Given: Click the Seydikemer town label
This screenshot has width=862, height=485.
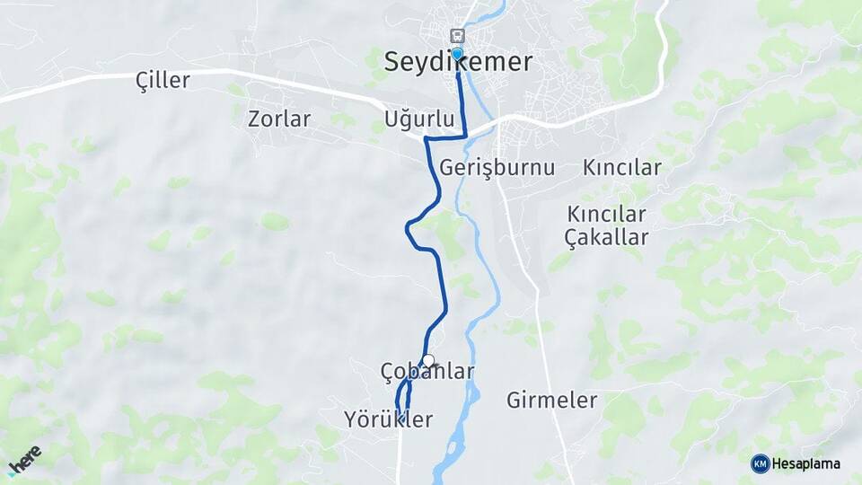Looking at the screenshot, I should [458, 62].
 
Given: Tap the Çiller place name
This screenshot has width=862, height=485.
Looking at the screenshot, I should [163, 81].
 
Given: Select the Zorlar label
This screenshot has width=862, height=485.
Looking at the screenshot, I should [279, 119].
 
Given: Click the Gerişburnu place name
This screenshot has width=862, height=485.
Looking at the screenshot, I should [497, 168].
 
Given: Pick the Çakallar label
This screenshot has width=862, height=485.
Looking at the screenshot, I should [606, 237].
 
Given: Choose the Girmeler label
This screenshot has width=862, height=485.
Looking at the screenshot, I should [551, 401].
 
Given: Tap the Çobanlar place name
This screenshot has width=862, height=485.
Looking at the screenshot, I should [427, 372].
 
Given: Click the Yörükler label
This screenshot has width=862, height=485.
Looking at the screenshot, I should [388, 419].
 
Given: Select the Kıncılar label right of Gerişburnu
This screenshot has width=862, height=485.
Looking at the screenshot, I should [621, 168].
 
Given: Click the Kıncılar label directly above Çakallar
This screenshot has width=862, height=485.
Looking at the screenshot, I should [606, 215].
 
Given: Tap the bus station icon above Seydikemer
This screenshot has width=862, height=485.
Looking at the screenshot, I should [458, 36].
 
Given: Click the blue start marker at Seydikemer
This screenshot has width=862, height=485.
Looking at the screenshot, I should [457, 53].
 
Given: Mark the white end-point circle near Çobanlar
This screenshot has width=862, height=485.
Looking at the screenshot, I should [428, 361].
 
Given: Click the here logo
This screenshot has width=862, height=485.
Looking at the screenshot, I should [24, 461].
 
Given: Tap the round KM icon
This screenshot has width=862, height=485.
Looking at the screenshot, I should [760, 463].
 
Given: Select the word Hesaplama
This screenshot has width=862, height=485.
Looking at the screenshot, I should [805, 464].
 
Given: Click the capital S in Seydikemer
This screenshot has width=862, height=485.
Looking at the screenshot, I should [392, 62].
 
